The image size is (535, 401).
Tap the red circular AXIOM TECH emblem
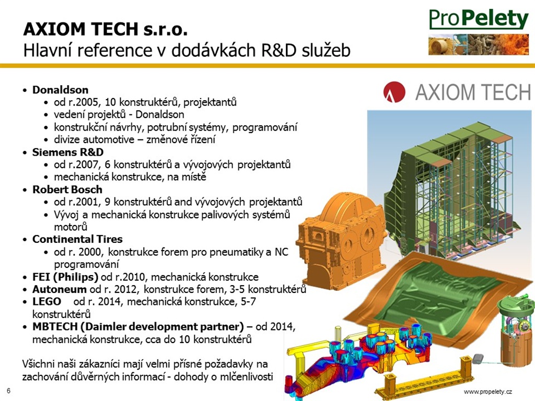pos(394,92)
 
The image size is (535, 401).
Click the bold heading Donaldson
pos(61,90)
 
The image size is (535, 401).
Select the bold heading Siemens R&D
pos(68,152)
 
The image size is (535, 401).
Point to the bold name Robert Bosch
pos(67,190)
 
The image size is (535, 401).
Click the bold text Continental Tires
pos(77,239)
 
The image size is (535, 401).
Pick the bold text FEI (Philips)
pos(65,277)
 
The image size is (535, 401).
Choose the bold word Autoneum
pos(60,289)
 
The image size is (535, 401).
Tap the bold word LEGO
pos(46,301)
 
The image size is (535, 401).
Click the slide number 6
pos(8,391)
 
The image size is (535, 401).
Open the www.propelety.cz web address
pos(488,392)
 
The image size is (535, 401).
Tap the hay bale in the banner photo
pos(440,46)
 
